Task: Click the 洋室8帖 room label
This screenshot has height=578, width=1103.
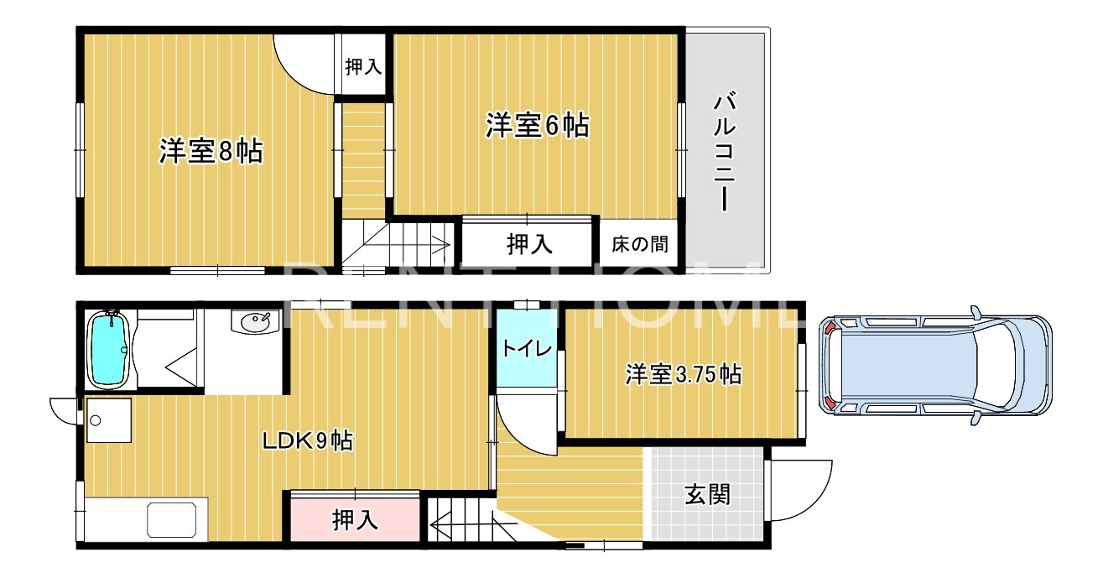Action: [211, 152]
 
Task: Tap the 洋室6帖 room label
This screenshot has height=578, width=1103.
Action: [537, 126]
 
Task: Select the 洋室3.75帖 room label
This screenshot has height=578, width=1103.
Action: [683, 374]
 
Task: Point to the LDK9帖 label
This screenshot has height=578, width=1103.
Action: [308, 440]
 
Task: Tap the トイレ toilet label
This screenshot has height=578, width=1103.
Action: [527, 348]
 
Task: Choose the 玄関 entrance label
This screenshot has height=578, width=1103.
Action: [707, 494]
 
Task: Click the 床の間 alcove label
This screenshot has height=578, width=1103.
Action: [640, 244]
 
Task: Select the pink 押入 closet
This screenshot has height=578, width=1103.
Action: [354, 520]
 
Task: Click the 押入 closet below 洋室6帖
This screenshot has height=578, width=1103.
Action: [529, 244]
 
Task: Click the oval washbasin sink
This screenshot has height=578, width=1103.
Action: [255, 320]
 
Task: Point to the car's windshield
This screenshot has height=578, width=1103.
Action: [998, 365]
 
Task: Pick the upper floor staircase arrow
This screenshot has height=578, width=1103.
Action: [419, 246]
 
